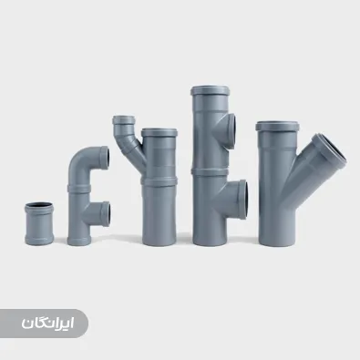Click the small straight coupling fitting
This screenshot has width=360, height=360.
pyautogui.click(x=39, y=223)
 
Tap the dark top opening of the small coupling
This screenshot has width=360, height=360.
pyautogui.click(x=39, y=205)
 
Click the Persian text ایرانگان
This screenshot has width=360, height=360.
pyautogui.click(x=47, y=324)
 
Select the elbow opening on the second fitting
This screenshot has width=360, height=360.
pyautogui.click(x=105, y=157)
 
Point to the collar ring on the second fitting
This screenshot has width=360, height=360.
pyautogui.click(x=79, y=189)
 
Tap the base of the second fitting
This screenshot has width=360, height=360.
pyautogui.click(x=79, y=241)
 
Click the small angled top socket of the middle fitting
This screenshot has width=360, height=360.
pyautogui.click(x=124, y=119)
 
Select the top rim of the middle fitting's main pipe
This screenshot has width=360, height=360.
pyautogui.click(x=159, y=132)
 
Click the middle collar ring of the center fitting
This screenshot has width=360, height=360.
pyautogui.click(x=159, y=181)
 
